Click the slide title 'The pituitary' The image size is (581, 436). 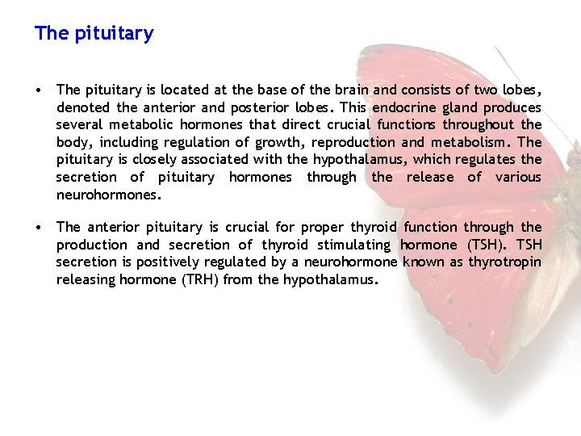coord(94,34)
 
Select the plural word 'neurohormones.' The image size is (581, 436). coord(109,195)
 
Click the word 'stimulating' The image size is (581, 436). coord(355,245)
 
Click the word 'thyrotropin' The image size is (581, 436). coord(505,262)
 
